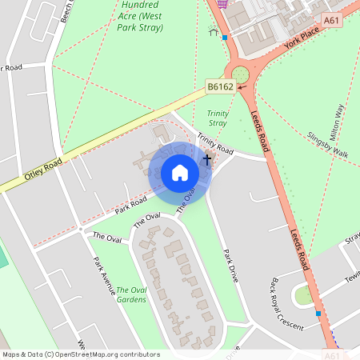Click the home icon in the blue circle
180,173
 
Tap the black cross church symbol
207,159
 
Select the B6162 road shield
220,86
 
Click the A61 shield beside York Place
332,19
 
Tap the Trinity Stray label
218,118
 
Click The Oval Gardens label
131,294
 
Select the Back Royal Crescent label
287,305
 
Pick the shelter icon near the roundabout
213,33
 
